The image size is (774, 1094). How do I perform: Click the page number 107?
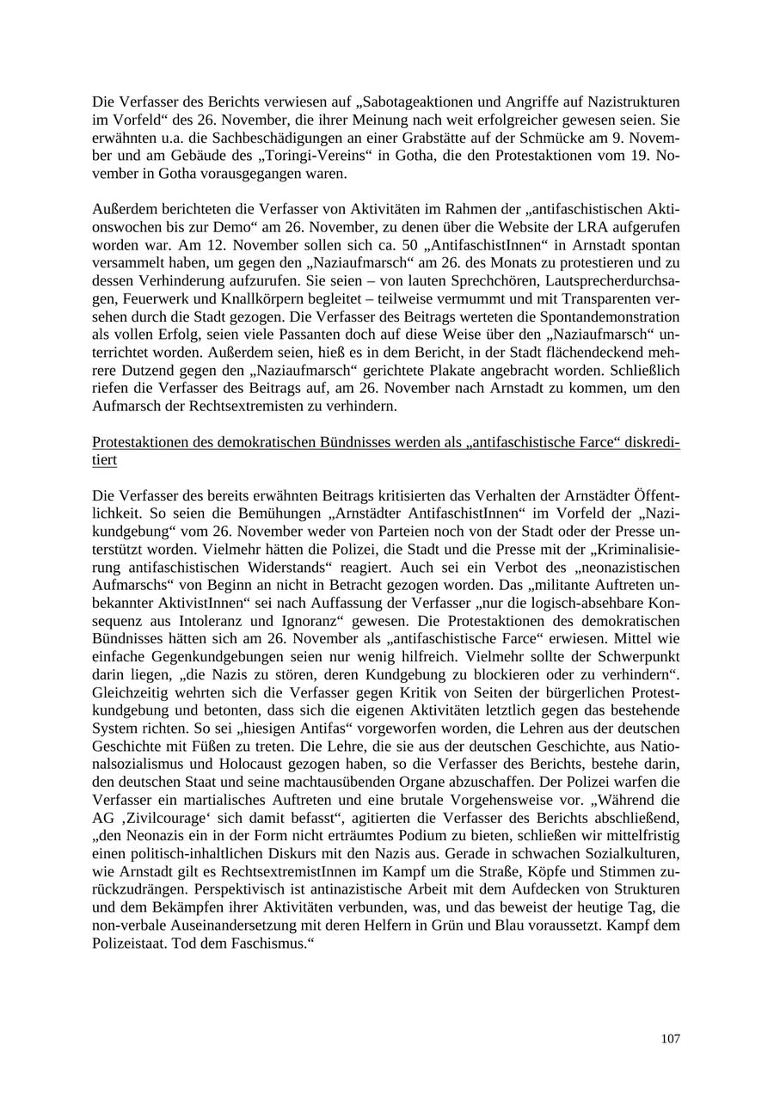click(x=670, y=1038)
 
